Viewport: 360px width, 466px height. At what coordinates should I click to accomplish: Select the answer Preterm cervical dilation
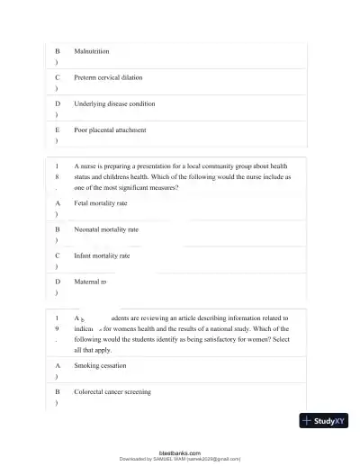point(108,78)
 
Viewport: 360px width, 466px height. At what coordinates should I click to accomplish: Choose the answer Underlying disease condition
point(114,104)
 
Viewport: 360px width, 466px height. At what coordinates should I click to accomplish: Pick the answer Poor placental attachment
point(110,130)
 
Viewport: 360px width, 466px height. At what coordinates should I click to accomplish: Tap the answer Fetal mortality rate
point(101,203)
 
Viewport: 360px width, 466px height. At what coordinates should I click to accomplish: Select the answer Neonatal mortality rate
point(106,229)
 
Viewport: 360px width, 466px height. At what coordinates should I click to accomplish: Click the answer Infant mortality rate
point(102,255)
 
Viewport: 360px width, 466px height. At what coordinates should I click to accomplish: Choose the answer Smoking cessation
point(100,366)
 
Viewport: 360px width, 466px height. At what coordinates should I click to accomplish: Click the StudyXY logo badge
point(324,420)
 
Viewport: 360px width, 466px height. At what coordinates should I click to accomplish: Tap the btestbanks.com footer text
point(180,453)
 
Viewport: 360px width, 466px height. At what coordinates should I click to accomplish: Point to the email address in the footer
point(214,459)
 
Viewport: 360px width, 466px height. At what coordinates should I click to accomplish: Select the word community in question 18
point(228,166)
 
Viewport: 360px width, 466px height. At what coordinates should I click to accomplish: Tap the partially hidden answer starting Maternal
point(90,282)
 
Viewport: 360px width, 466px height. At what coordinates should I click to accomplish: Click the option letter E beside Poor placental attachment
point(58,130)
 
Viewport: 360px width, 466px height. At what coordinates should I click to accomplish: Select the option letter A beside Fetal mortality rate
point(58,203)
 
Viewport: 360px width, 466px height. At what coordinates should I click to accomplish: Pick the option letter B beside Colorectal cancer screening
point(58,392)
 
